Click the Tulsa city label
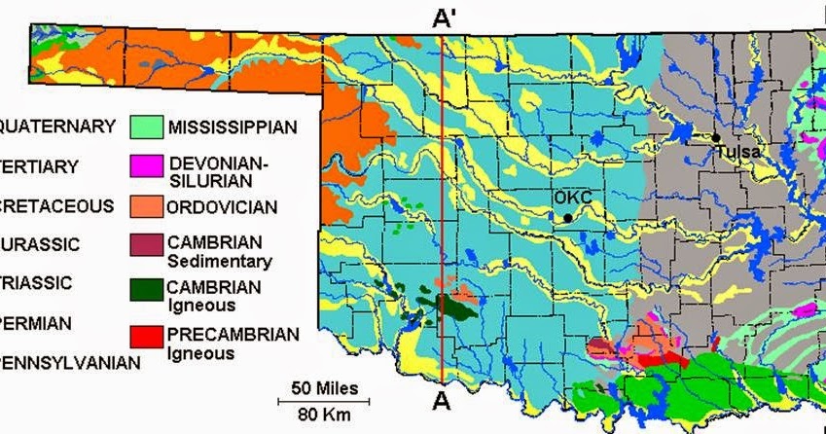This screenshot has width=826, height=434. [x=736, y=152]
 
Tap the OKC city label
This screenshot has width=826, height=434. [x=572, y=198]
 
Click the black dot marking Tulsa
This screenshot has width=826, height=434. [x=715, y=138]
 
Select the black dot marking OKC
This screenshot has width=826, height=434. [x=567, y=218]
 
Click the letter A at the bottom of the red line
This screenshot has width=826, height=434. [x=443, y=400]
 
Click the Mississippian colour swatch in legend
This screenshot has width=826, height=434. [x=143, y=127]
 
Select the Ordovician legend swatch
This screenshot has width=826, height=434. [x=143, y=206]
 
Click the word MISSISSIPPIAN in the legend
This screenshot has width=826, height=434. [x=231, y=127]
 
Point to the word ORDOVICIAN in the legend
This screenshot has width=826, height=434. [x=222, y=207]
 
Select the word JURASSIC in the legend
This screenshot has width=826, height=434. [x=40, y=243]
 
